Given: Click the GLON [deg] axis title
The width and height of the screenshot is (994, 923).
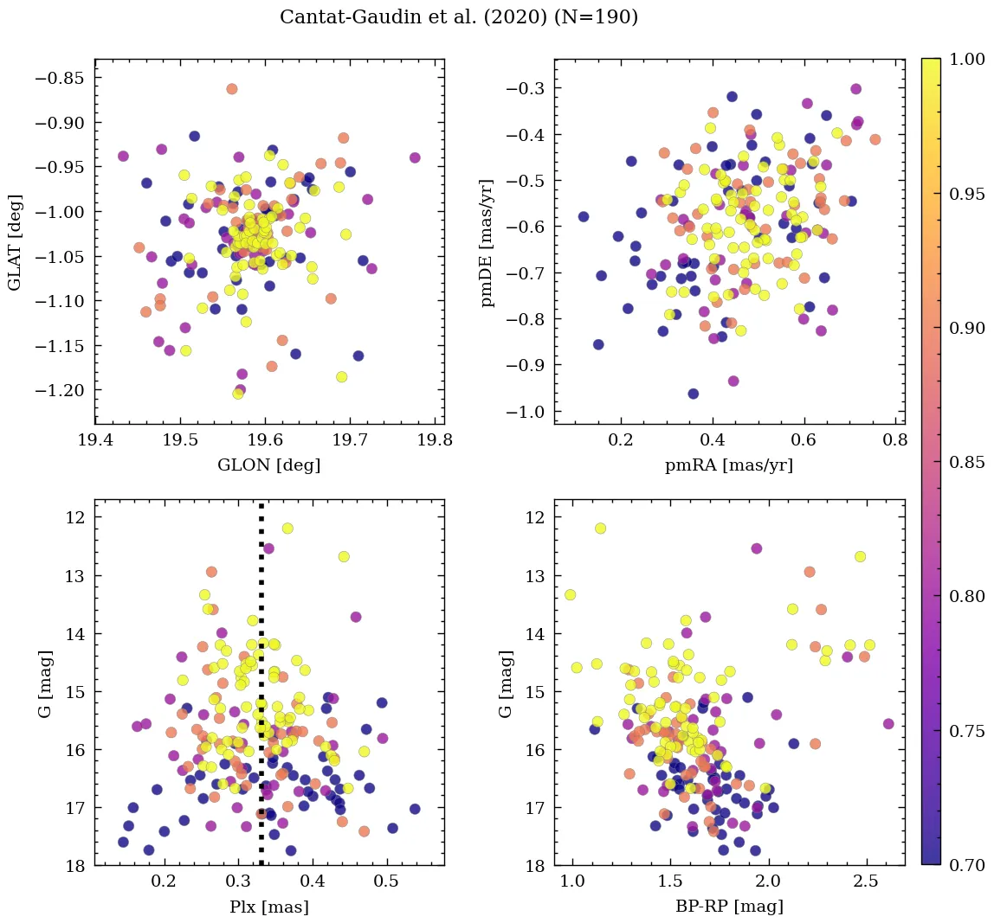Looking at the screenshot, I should [269, 465].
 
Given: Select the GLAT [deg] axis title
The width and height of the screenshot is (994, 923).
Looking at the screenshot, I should [15, 242].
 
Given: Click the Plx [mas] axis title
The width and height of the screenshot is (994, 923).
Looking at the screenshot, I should [269, 907].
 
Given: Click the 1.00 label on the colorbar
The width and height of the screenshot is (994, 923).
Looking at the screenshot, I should [966, 59].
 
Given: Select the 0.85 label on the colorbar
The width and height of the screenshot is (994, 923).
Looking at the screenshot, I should [966, 462].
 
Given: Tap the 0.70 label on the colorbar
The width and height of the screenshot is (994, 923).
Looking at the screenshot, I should [966, 865].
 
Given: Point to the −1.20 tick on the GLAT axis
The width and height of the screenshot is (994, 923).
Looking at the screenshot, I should [64, 390].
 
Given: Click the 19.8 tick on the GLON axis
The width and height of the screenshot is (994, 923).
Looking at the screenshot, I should [436, 440].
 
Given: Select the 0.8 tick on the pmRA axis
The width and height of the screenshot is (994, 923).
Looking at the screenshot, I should [894, 440].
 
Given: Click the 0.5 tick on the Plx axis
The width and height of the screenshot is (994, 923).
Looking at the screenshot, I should [386, 882].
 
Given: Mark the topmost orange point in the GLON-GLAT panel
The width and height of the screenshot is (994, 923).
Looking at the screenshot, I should [232, 89].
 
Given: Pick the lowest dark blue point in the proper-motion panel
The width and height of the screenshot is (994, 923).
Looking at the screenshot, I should [693, 394].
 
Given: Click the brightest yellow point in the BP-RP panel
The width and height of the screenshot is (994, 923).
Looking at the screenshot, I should [600, 529].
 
